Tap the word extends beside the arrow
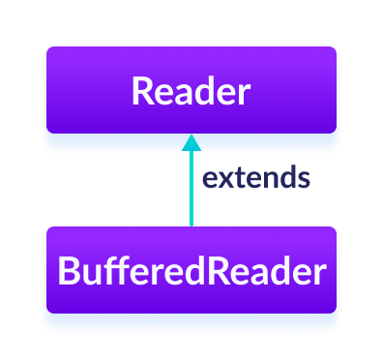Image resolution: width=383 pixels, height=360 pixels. tap(255, 179)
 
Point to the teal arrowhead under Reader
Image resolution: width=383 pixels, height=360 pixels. tap(191, 142)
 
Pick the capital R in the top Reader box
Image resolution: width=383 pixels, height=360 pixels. tap(141, 92)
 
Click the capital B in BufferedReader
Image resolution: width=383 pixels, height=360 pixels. tap(68, 272)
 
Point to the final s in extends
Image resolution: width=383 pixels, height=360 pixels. tap(304, 180)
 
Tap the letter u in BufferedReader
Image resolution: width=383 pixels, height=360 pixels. tap(89, 274)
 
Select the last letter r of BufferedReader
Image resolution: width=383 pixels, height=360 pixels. tap(318, 274)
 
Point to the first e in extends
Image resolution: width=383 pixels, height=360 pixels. tap(207, 180)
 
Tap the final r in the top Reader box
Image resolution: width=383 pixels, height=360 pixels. tap(243, 94)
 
